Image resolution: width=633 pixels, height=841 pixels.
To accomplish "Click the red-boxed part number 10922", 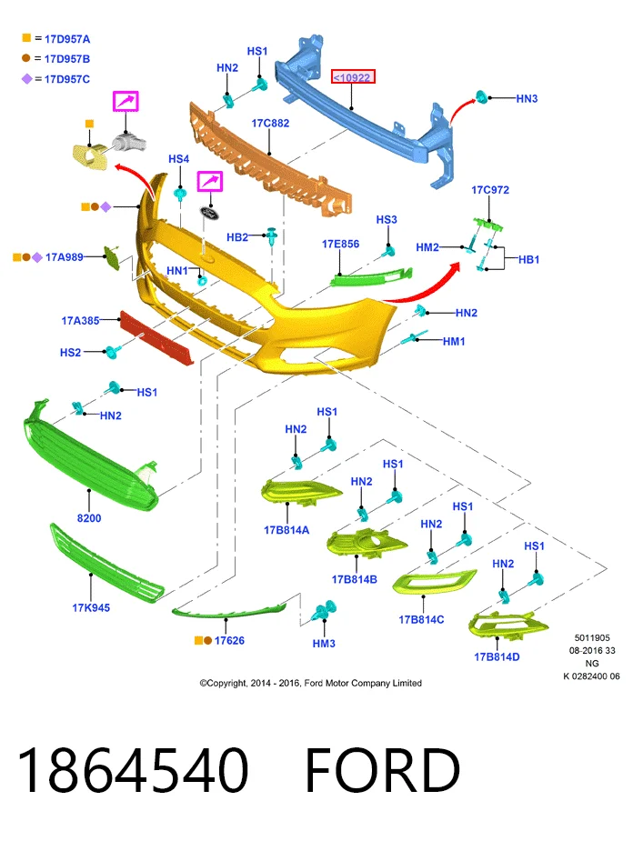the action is coord(353,77).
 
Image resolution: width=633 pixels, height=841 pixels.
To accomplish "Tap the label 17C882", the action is coord(270,123).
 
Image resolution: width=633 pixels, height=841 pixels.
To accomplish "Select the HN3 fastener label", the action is coord(527,98).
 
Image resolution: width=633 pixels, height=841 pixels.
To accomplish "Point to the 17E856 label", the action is coord(340,244).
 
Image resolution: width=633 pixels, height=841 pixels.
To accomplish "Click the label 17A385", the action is coord(80,320).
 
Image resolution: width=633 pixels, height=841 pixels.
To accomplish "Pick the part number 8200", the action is coord(89,518).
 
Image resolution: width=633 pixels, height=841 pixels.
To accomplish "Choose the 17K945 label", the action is coord(91,607).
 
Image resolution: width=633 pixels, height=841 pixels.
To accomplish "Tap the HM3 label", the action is coord(324,643).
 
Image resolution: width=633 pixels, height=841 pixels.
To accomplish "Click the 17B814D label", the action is coord(497,657).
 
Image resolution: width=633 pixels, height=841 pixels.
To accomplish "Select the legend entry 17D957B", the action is coord(67,58).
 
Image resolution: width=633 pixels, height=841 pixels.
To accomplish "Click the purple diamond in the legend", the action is coord(26,79).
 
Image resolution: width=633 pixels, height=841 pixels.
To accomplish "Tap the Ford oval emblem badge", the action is coord(209,213).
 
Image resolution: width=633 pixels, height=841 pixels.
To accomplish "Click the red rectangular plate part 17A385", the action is coord(156,338).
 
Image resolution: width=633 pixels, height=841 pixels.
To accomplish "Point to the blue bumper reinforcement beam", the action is coord(365,113).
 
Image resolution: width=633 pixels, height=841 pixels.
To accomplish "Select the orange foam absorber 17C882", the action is coord(271,159).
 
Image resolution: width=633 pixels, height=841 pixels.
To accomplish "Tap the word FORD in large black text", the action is coord(383,770).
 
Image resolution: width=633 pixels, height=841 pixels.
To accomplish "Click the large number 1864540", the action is coord(133,770).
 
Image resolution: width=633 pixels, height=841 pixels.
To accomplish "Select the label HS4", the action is coord(178,159).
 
